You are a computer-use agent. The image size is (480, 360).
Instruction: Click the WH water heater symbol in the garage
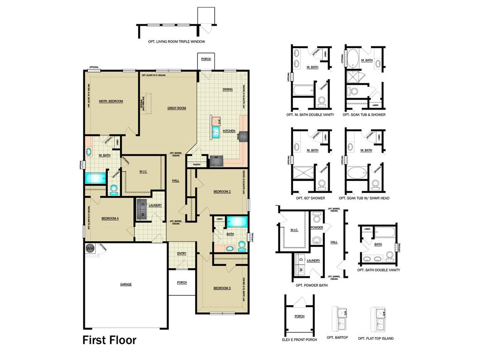pyautogui.click(x=90, y=248)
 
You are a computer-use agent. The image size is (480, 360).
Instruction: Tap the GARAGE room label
pyautogui.click(x=126, y=285)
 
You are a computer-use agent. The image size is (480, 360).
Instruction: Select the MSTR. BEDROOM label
pyautogui.click(x=111, y=101)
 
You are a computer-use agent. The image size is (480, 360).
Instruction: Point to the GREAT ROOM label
pyautogui.click(x=177, y=108)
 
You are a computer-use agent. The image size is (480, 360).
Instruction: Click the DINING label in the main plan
pyautogui.click(x=227, y=90)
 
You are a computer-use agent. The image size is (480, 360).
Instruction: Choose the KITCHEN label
pyautogui.click(x=229, y=131)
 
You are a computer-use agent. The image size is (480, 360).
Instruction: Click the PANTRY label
pyautogui.click(x=197, y=165)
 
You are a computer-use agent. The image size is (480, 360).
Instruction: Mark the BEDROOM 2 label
pyautogui.click(x=222, y=192)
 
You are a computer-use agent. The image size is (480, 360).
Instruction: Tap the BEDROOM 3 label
pyautogui.click(x=222, y=288)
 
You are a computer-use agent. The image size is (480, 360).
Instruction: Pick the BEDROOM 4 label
pyautogui.click(x=111, y=218)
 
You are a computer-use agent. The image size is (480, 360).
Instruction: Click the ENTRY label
pyautogui.click(x=182, y=254)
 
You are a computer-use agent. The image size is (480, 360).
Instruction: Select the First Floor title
pyautogui.click(x=110, y=340)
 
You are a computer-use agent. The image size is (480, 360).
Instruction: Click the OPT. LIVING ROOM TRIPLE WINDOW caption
pyautogui.click(x=176, y=42)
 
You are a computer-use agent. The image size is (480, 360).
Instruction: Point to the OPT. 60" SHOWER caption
pyautogui.click(x=310, y=198)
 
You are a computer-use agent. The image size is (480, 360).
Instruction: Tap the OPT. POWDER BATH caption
pyautogui.click(x=311, y=285)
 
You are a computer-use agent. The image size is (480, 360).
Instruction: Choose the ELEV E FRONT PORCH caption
pyautogui.click(x=300, y=338)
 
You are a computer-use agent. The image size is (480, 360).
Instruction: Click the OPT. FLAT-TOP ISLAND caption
pyautogui.click(x=375, y=338)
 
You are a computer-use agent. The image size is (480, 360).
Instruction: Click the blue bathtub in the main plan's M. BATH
pyautogui.click(x=95, y=178)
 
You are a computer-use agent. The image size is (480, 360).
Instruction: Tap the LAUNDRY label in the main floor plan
pyautogui.click(x=155, y=205)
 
